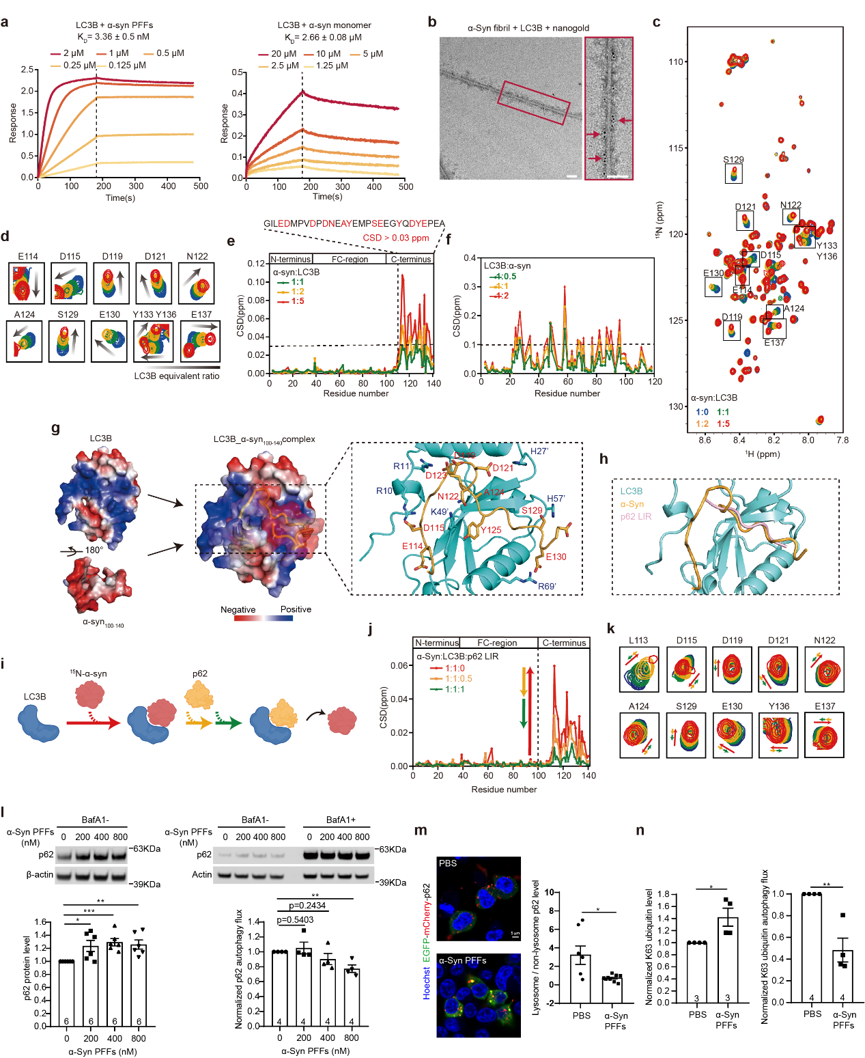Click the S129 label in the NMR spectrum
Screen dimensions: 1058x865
(x=733, y=160)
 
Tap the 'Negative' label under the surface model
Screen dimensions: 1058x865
(x=238, y=610)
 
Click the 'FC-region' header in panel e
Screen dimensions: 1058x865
(x=350, y=260)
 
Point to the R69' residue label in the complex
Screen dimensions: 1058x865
(x=547, y=587)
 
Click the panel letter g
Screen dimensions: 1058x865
(x=55, y=428)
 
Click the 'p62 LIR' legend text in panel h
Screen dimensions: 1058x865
(x=636, y=517)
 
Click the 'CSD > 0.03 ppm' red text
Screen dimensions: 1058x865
(x=395, y=238)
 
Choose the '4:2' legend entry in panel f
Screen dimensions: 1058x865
(x=502, y=296)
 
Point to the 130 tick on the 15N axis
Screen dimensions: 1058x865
(x=676, y=406)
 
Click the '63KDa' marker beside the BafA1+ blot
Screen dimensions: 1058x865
(x=393, y=850)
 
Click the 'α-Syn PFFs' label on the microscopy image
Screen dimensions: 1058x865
(x=462, y=960)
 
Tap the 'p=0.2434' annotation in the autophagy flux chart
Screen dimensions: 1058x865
(x=307, y=906)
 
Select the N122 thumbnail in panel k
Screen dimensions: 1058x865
(x=824, y=670)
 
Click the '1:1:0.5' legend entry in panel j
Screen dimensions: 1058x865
(x=458, y=679)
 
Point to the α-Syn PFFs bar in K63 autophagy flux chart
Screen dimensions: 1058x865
(x=842, y=976)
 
